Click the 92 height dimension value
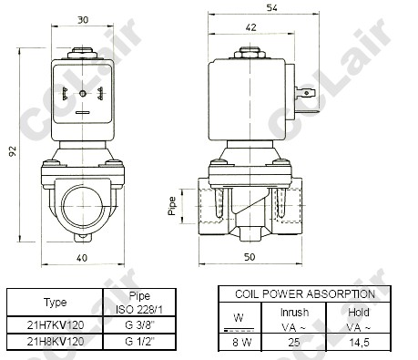(12, 151)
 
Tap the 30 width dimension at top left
(83, 20)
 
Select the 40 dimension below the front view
(82, 258)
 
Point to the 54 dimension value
(271, 7)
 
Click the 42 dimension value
(250, 27)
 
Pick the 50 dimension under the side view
(250, 257)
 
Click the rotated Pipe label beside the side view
(172, 206)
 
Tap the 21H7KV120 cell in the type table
(56, 325)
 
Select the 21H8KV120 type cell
(56, 342)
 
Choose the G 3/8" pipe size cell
(140, 325)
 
